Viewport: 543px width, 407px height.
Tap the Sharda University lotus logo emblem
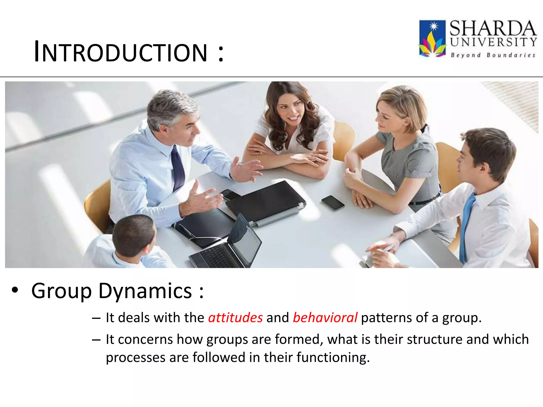(x=432, y=39)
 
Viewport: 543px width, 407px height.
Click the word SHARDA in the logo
(x=493, y=28)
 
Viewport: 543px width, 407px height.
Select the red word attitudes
(x=235, y=317)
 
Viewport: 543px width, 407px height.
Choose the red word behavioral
(x=325, y=317)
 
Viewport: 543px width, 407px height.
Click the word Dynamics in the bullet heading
(x=145, y=291)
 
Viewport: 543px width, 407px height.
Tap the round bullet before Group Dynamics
(x=15, y=290)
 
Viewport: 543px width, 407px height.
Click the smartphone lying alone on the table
(x=333, y=203)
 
